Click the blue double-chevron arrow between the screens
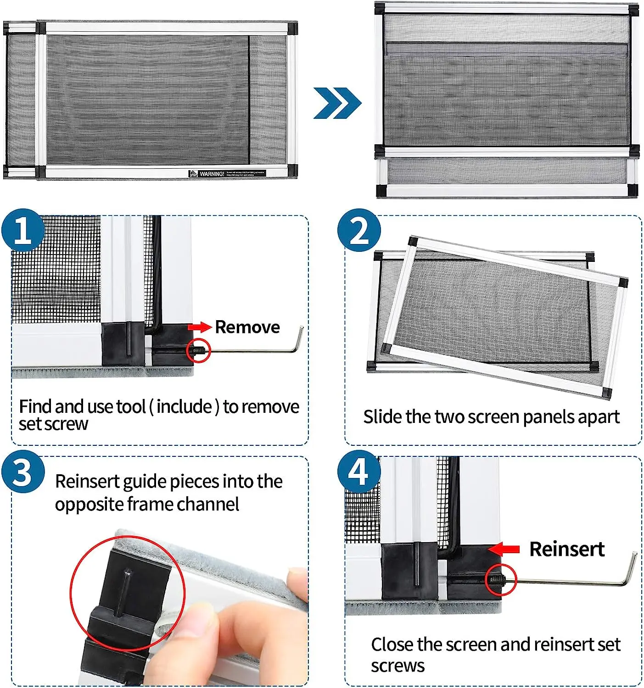337,103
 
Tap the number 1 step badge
22,230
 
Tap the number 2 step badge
359,230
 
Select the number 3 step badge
22,472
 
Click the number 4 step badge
359,472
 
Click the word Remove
247,327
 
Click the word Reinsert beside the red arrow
566,549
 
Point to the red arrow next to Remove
199,327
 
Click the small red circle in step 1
199,351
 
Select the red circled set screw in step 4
501,580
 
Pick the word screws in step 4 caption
398,666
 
